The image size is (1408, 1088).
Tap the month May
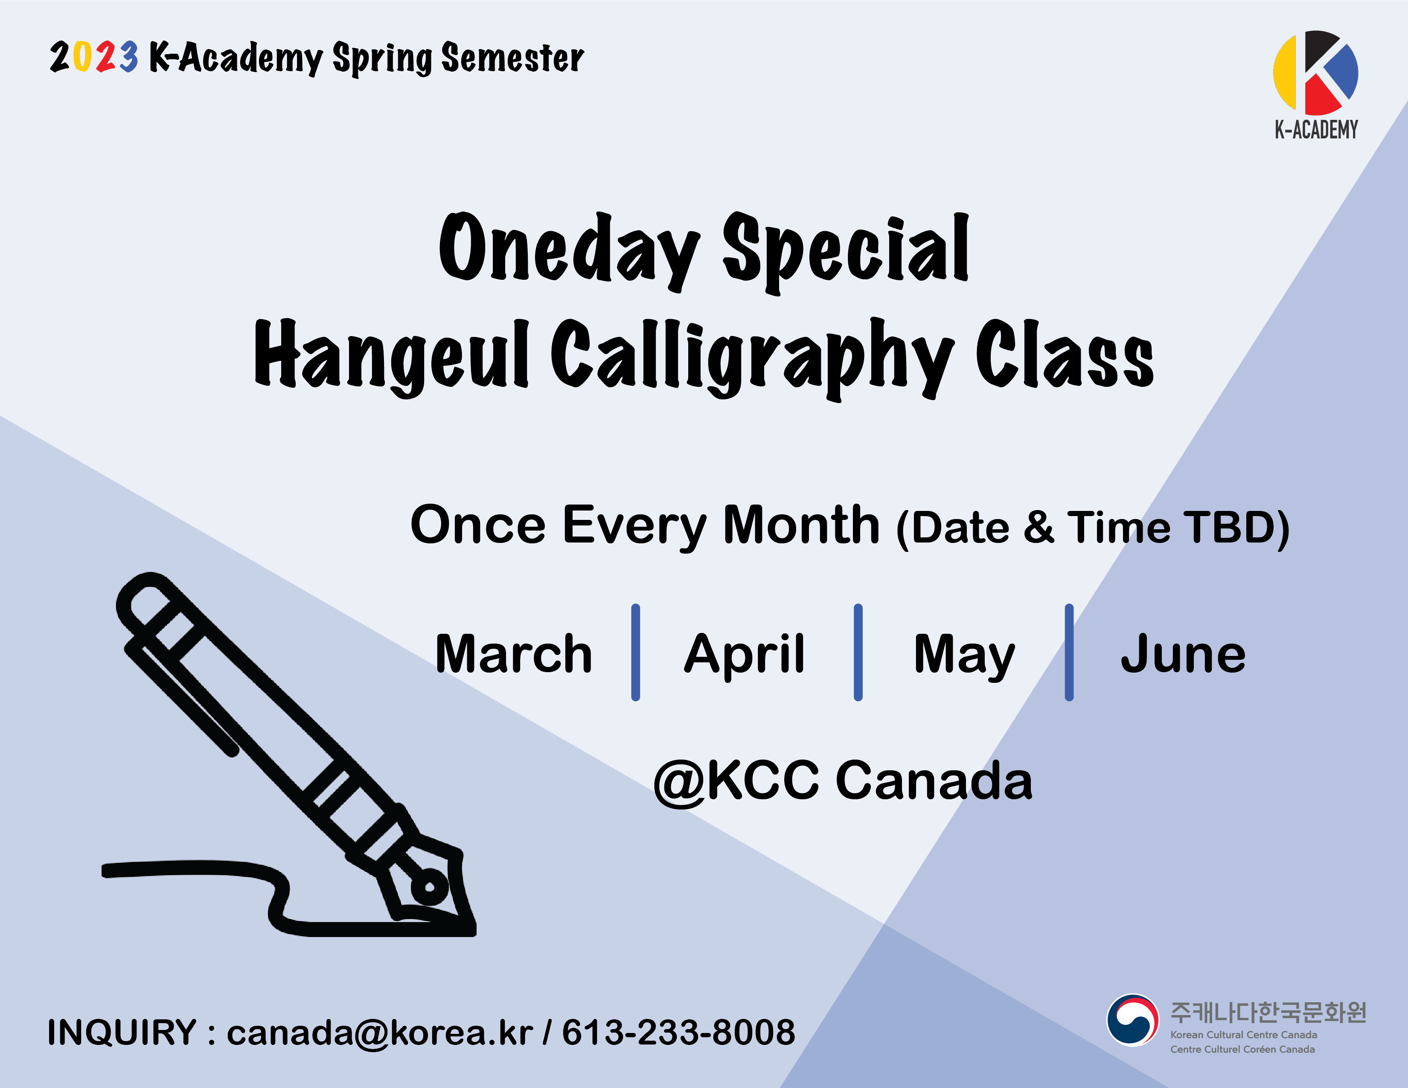tap(964, 656)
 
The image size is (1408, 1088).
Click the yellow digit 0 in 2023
tap(82, 57)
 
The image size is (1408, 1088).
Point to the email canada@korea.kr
tap(380, 1032)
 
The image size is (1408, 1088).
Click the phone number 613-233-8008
tap(679, 1032)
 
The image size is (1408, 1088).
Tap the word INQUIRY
tap(121, 1032)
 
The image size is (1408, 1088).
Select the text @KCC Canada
tap(843, 780)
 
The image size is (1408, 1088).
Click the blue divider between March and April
tap(636, 652)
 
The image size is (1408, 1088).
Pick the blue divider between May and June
tap(1069, 652)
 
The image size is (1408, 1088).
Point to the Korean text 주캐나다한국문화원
tap(1268, 1012)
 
